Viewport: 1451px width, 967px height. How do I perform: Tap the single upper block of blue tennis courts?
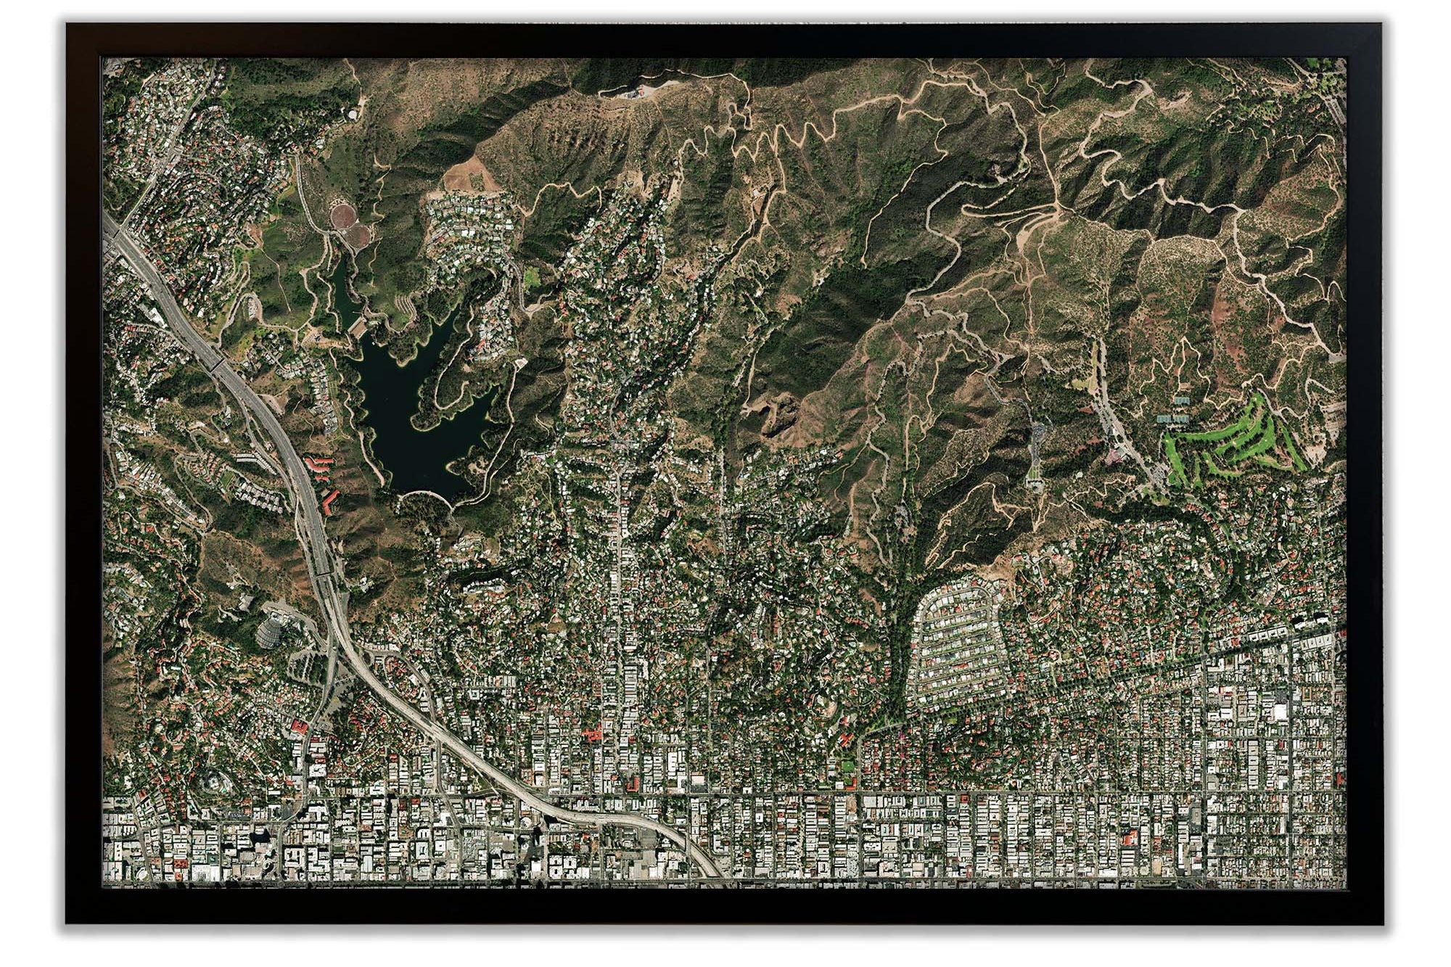click(x=1180, y=400)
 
